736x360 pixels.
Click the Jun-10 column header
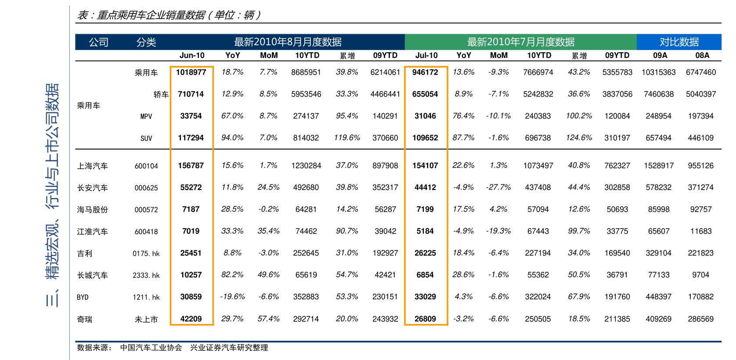(x=192, y=55)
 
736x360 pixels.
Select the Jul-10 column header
(x=426, y=55)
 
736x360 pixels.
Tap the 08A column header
(x=702, y=55)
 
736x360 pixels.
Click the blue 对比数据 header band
(x=679, y=42)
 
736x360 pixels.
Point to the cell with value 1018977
(x=191, y=72)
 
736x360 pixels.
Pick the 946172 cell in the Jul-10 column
(x=425, y=72)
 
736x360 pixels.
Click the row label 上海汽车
(x=92, y=166)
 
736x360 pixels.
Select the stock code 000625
(x=146, y=188)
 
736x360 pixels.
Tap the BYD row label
(x=83, y=297)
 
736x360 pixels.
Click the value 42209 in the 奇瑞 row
(x=191, y=319)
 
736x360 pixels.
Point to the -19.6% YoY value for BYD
(x=232, y=297)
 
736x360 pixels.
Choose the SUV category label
(x=146, y=138)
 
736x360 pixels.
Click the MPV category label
(x=146, y=116)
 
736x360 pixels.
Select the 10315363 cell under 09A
(x=658, y=72)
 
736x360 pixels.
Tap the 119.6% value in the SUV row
(x=347, y=138)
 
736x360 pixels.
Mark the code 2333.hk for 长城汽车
(x=146, y=275)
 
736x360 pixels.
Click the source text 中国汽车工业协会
(x=151, y=348)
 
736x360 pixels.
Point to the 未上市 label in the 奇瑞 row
(x=146, y=320)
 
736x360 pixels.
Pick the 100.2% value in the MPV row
(x=579, y=116)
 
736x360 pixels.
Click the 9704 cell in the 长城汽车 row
(x=700, y=275)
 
